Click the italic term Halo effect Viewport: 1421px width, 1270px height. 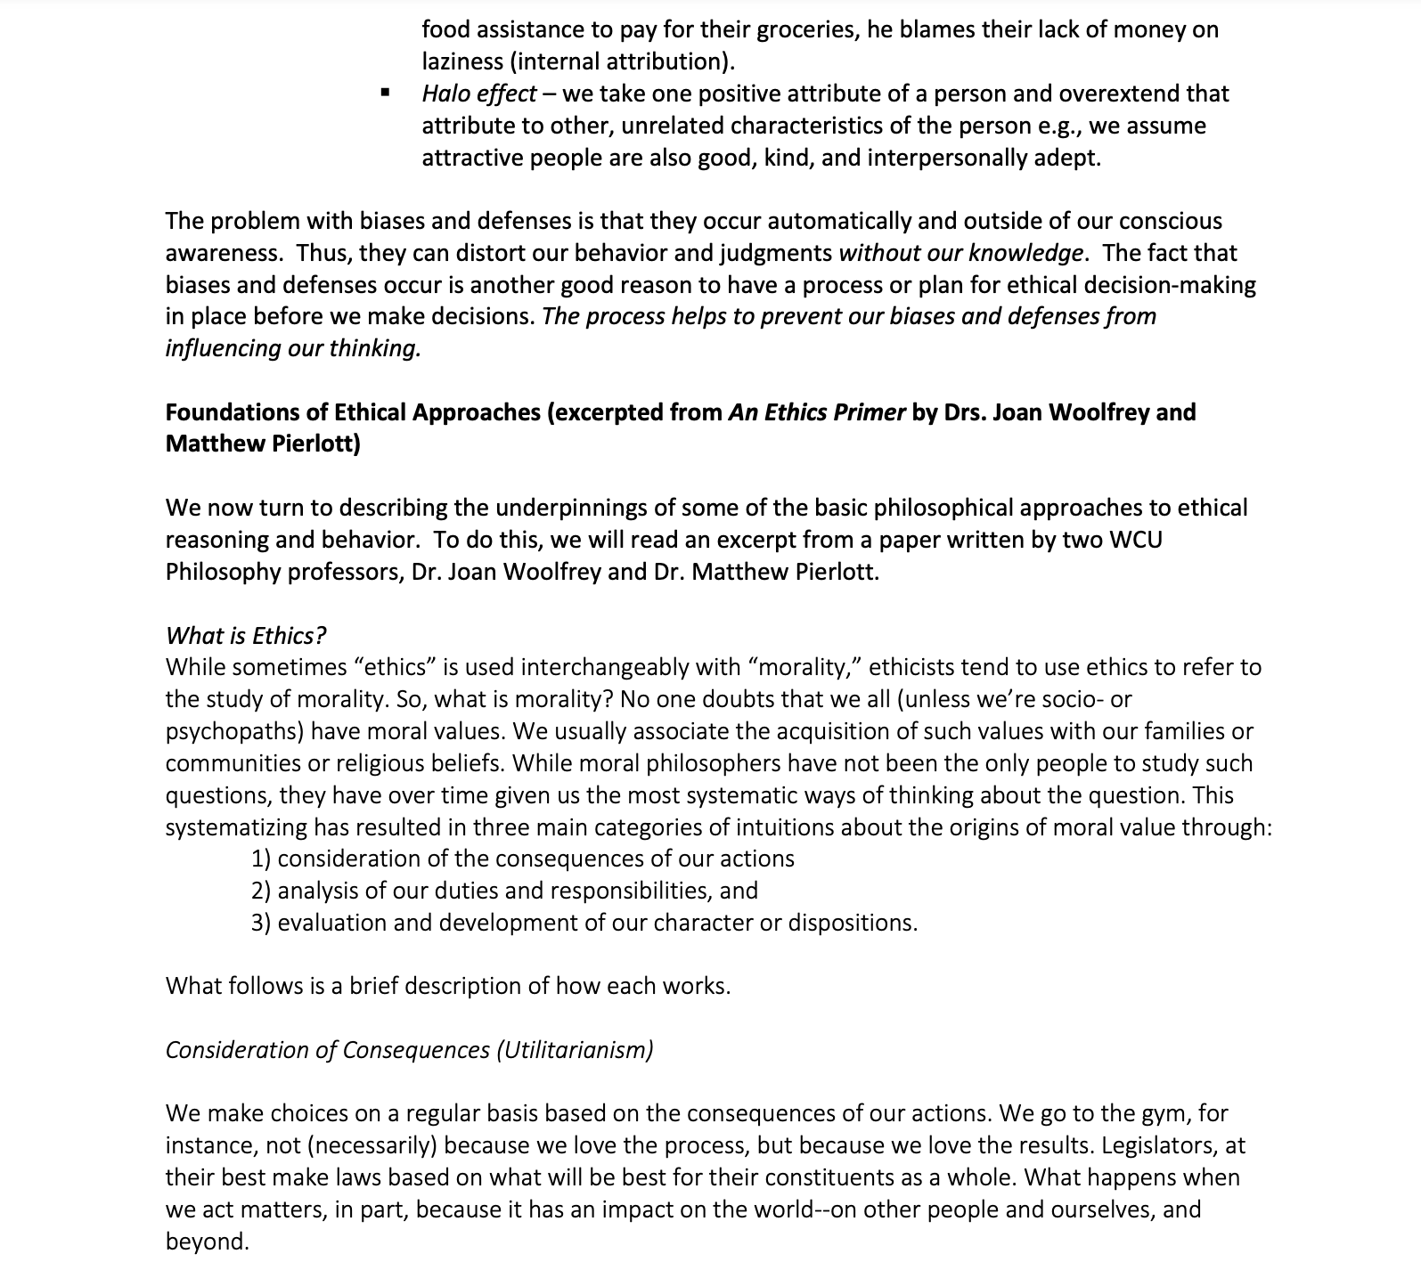(x=479, y=94)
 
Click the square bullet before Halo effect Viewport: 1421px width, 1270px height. (x=385, y=94)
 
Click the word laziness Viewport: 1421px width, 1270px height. (x=463, y=61)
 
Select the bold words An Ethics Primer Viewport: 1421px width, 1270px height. (x=816, y=412)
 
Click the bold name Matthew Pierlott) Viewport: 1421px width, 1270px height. (x=263, y=444)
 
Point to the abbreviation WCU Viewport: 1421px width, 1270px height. (x=1136, y=540)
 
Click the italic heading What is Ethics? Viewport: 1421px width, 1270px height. (x=246, y=635)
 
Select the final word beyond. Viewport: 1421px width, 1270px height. (x=207, y=1242)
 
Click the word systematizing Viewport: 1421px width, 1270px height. (x=236, y=827)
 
